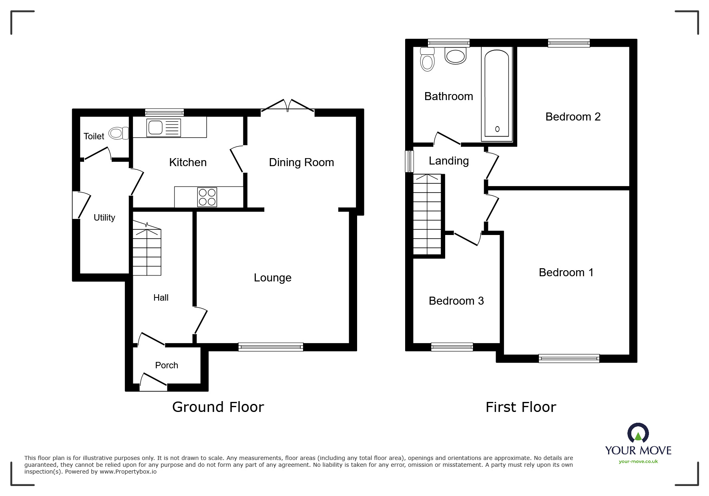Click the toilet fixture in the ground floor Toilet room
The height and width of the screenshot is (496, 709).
pos(118,133)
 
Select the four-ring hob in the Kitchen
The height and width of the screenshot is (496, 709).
pos(207,197)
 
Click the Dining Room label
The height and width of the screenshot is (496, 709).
pos(301,162)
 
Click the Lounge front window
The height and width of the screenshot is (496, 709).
pos(271,347)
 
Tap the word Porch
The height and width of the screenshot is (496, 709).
pos(167,365)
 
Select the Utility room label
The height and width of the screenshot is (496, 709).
pos(104,217)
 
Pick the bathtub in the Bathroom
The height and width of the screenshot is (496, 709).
pos(497,94)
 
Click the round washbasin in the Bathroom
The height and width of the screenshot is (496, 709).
pos(456,56)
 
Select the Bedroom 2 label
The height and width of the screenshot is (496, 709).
pos(573,116)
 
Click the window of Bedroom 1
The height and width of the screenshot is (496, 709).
pos(569,358)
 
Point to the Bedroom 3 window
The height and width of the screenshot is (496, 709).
pos(452,347)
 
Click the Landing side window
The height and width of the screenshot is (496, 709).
pos(409,161)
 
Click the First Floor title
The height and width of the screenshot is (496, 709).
pos(520,407)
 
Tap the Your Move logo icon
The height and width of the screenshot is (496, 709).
pos(638,433)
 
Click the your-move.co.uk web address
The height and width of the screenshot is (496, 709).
pos(638,462)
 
